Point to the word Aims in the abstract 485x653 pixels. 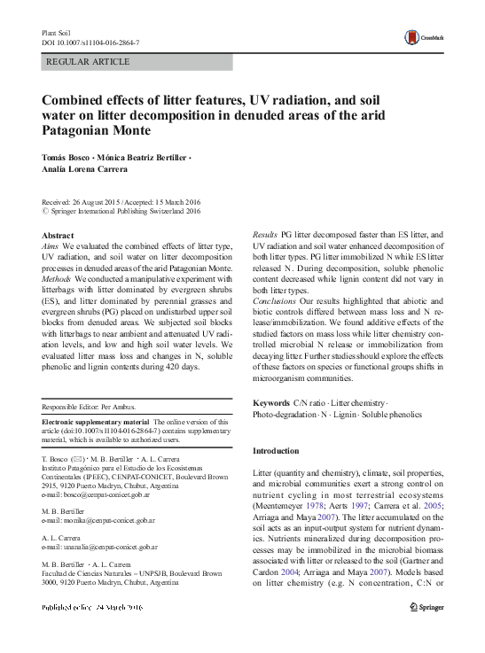[52, 242]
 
